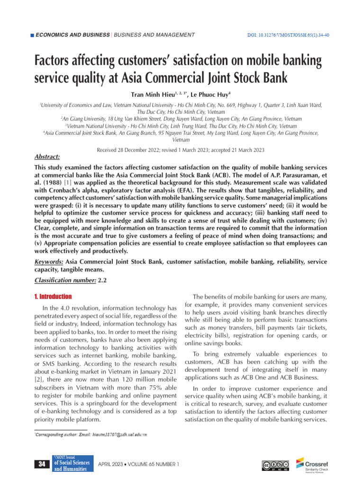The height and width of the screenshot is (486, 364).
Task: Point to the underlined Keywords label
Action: coord(49,262)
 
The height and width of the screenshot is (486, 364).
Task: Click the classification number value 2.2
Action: coord(102,280)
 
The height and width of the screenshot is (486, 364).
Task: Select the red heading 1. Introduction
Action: coord(53,297)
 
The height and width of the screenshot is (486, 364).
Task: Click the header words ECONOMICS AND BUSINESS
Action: coord(71,35)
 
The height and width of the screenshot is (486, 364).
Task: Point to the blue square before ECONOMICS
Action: coord(32,36)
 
